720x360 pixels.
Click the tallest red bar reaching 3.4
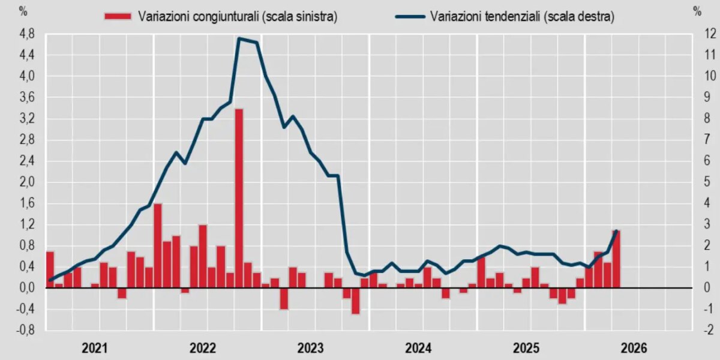239,199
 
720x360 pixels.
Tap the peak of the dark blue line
239,38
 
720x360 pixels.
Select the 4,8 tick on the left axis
27,34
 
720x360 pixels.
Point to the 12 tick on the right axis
707,34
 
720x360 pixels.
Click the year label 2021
95,348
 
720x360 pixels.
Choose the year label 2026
634,348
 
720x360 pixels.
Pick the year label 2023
310,348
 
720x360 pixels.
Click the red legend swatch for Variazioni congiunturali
118,16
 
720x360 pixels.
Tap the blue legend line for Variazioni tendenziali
410,16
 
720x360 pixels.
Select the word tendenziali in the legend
512,16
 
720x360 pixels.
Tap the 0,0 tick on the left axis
27,287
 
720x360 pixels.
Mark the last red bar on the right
616,259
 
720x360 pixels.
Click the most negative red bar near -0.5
355,301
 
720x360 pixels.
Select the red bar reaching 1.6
157,246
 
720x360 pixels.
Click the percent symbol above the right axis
697,12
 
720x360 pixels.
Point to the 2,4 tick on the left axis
27,161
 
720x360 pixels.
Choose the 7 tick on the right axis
707,139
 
